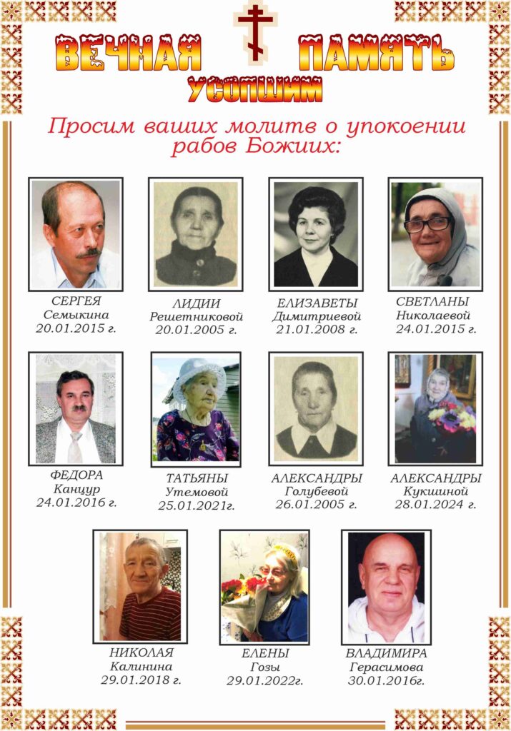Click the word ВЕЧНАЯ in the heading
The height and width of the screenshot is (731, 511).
(x=129, y=54)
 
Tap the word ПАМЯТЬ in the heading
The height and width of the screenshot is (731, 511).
(x=377, y=54)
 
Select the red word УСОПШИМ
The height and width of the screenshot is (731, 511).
(x=255, y=90)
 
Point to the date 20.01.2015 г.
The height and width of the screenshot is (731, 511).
(x=76, y=328)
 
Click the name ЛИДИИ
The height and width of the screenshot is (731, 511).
(x=195, y=303)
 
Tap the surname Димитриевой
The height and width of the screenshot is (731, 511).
(x=317, y=316)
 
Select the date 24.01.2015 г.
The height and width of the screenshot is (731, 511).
(x=436, y=328)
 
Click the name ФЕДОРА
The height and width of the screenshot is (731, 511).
(x=76, y=475)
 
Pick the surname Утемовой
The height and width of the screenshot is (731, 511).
(x=197, y=492)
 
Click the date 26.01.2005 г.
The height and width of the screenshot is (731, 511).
(x=316, y=504)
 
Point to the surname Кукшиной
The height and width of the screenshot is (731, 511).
(x=436, y=491)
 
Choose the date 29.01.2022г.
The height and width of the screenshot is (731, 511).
(x=264, y=680)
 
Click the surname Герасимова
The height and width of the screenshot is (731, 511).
(x=386, y=667)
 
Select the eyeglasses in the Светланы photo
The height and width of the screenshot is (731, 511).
(x=427, y=224)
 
